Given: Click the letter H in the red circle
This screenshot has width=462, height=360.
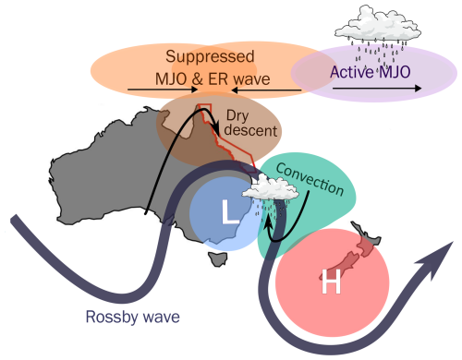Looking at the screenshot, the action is [x=331, y=281].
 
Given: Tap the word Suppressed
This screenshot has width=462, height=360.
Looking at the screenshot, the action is [x=210, y=56].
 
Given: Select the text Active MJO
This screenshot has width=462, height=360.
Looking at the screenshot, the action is [x=371, y=72].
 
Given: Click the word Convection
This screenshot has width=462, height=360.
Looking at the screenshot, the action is [x=310, y=179].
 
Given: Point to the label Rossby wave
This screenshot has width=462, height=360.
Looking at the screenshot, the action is [x=133, y=317].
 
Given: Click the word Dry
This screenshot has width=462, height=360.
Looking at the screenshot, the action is [x=237, y=116].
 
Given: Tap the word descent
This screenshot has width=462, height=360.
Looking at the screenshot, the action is [x=250, y=130].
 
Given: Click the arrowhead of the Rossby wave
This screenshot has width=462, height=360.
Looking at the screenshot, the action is [x=437, y=258].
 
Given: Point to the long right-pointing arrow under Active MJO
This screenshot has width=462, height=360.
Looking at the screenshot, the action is [x=377, y=89].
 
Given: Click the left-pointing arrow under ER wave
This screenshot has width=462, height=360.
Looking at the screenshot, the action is [x=266, y=90].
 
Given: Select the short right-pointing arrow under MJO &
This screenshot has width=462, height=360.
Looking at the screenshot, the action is [x=163, y=90].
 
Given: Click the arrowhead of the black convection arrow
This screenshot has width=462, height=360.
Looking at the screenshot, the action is [x=269, y=221].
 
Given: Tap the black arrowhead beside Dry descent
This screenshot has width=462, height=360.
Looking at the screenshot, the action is [x=216, y=129].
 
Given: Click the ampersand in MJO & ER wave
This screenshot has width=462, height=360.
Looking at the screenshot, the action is [x=198, y=79].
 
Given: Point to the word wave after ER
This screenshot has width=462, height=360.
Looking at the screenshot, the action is [x=252, y=80].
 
